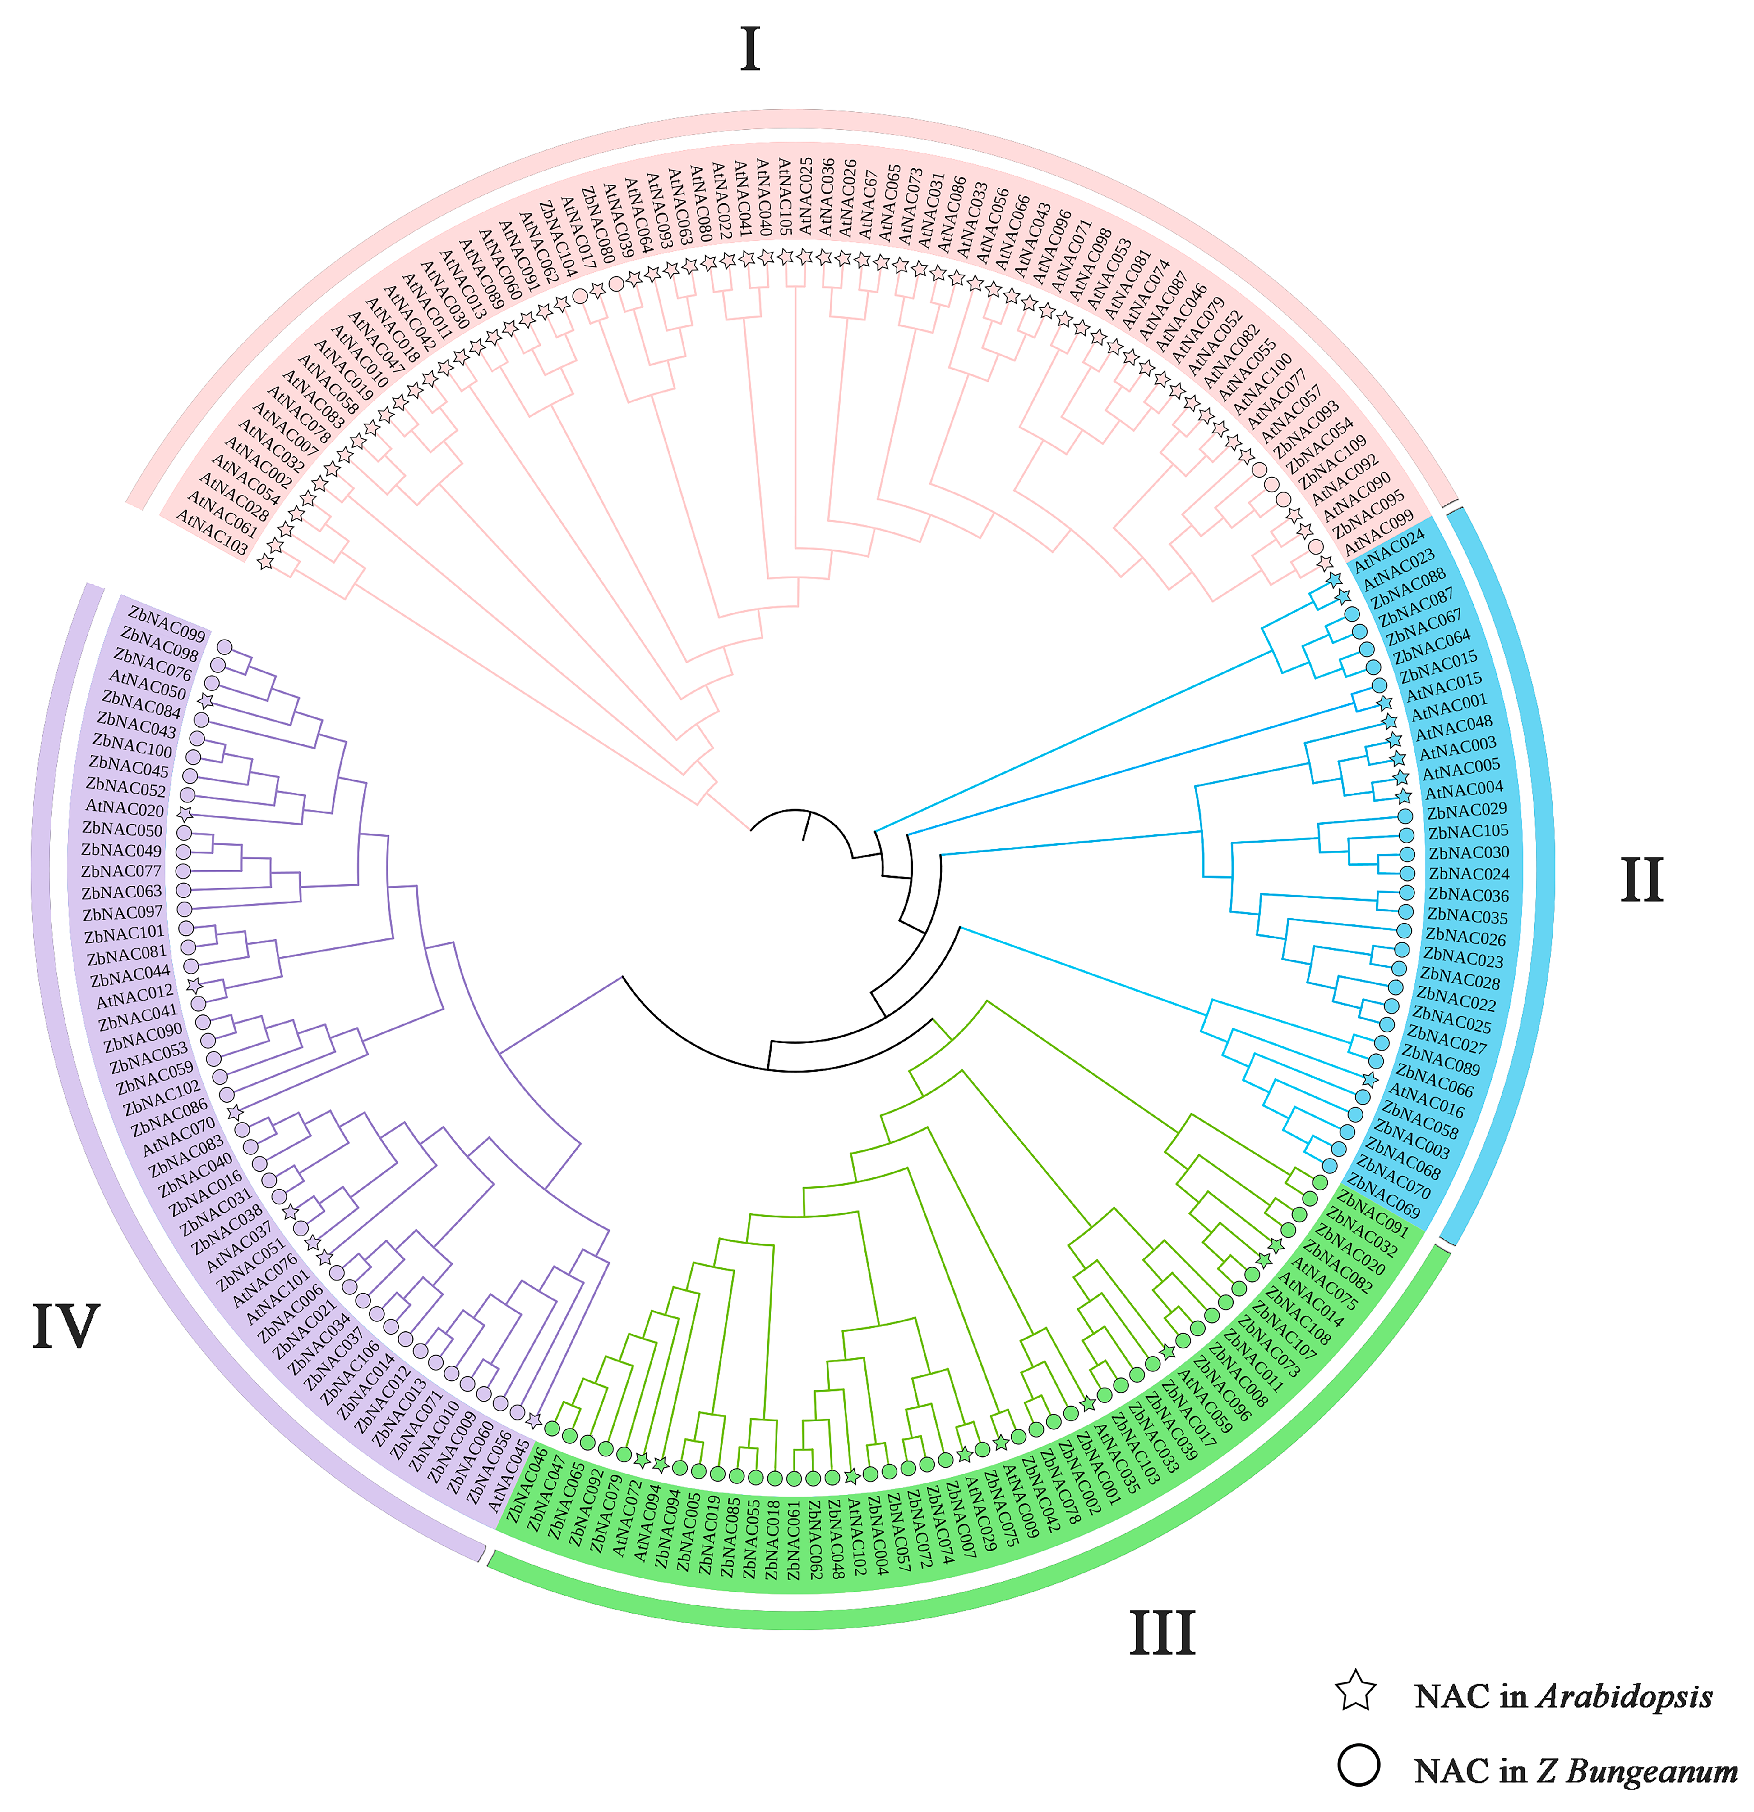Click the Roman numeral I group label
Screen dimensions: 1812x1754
click(x=750, y=51)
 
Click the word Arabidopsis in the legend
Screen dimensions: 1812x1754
click(x=1625, y=1697)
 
